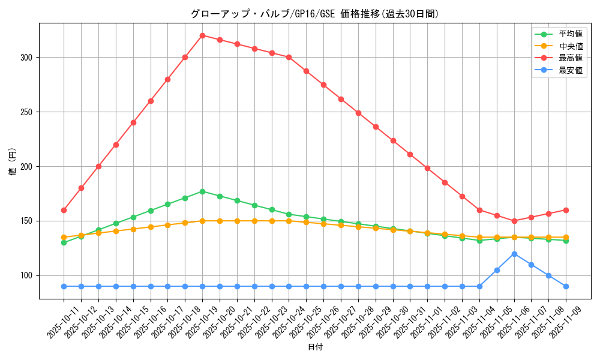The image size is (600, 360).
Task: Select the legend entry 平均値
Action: pos(571,34)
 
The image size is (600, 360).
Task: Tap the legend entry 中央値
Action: pos(571,46)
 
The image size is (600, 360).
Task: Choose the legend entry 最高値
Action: pos(571,58)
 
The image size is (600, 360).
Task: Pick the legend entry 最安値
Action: pos(571,70)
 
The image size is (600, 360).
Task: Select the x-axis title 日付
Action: pos(315,347)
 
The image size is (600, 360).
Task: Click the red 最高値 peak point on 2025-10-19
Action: pos(202,35)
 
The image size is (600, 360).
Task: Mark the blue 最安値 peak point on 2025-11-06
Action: pos(514,254)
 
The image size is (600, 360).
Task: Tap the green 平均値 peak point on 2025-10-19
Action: pos(202,191)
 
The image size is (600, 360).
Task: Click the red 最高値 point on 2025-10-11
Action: pos(64,210)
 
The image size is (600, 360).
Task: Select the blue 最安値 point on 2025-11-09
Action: pos(566,286)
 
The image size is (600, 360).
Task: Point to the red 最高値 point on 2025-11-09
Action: pos(566,210)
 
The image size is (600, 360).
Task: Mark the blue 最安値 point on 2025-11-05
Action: pos(497,270)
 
